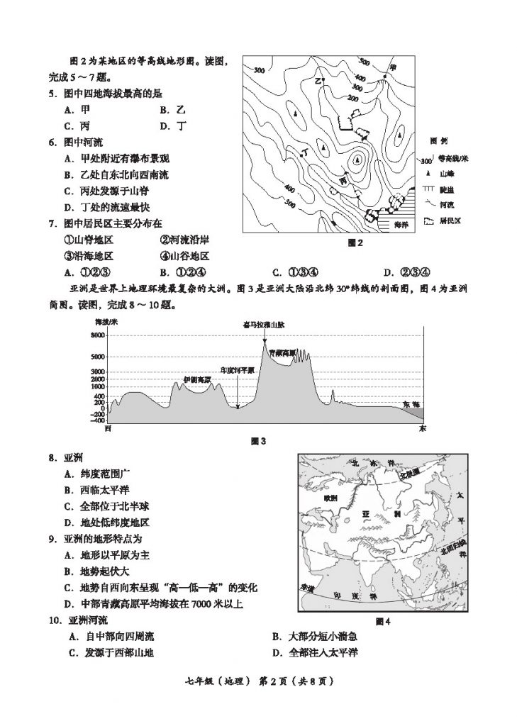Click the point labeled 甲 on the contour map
click(x=393, y=67)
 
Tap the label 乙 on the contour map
click(x=318, y=80)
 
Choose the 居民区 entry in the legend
click(x=449, y=221)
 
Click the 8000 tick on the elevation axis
click(x=97, y=335)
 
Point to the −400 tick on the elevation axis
click(x=97, y=420)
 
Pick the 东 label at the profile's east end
click(x=423, y=429)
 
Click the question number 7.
click(x=52, y=223)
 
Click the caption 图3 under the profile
click(x=257, y=441)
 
